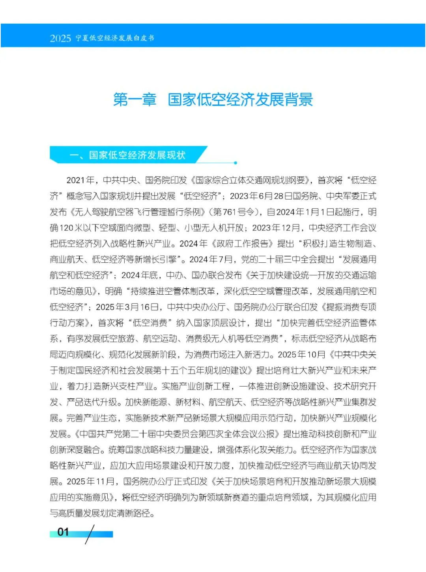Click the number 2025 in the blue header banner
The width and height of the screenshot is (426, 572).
(60, 38)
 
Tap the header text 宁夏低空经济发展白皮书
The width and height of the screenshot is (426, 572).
(115, 38)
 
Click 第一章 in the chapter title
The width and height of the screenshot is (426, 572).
(135, 99)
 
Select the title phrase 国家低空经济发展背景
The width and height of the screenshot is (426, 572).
(240, 99)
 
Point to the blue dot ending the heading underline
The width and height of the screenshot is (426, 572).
(235, 163)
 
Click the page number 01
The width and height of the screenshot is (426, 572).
(63, 532)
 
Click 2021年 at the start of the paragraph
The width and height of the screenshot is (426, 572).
(80, 180)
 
